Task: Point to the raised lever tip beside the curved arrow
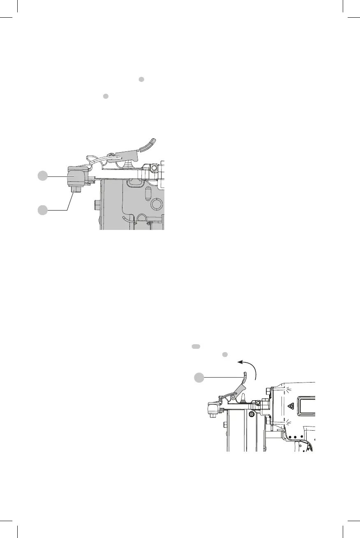(x=245, y=375)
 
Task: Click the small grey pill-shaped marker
(x=196, y=347)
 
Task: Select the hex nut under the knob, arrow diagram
(x=212, y=415)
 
